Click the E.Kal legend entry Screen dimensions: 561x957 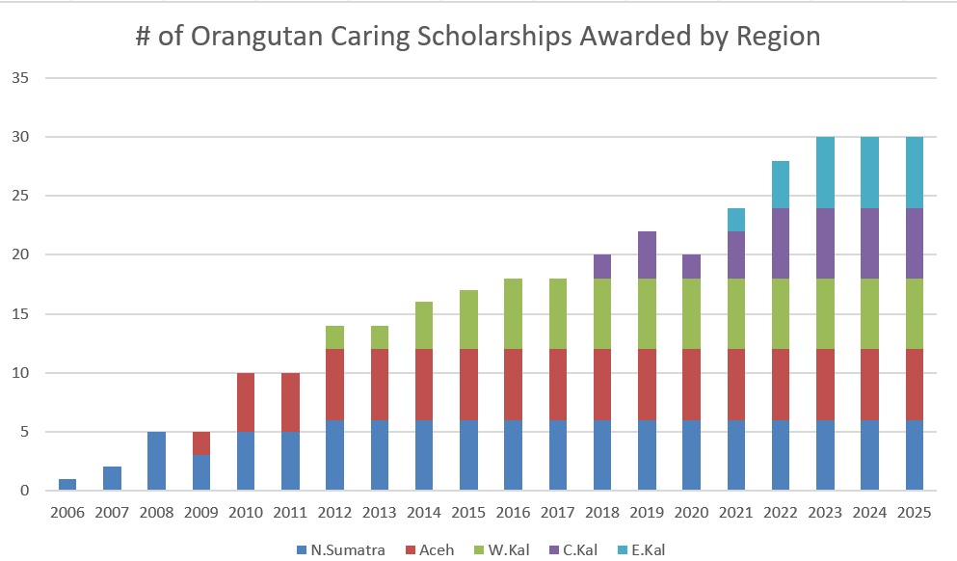[x=646, y=550]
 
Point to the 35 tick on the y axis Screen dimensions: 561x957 [x=20, y=78]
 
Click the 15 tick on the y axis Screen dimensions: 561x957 [x=20, y=314]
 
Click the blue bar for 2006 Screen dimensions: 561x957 [x=66, y=485]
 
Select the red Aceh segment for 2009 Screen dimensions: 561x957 [x=200, y=443]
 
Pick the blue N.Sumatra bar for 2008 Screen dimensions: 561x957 [x=156, y=461]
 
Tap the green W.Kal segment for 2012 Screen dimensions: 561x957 [x=334, y=337]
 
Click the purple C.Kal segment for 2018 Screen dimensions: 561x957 [x=602, y=267]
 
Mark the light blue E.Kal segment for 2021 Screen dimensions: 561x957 [x=736, y=220]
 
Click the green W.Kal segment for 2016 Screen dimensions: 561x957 [x=513, y=314]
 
